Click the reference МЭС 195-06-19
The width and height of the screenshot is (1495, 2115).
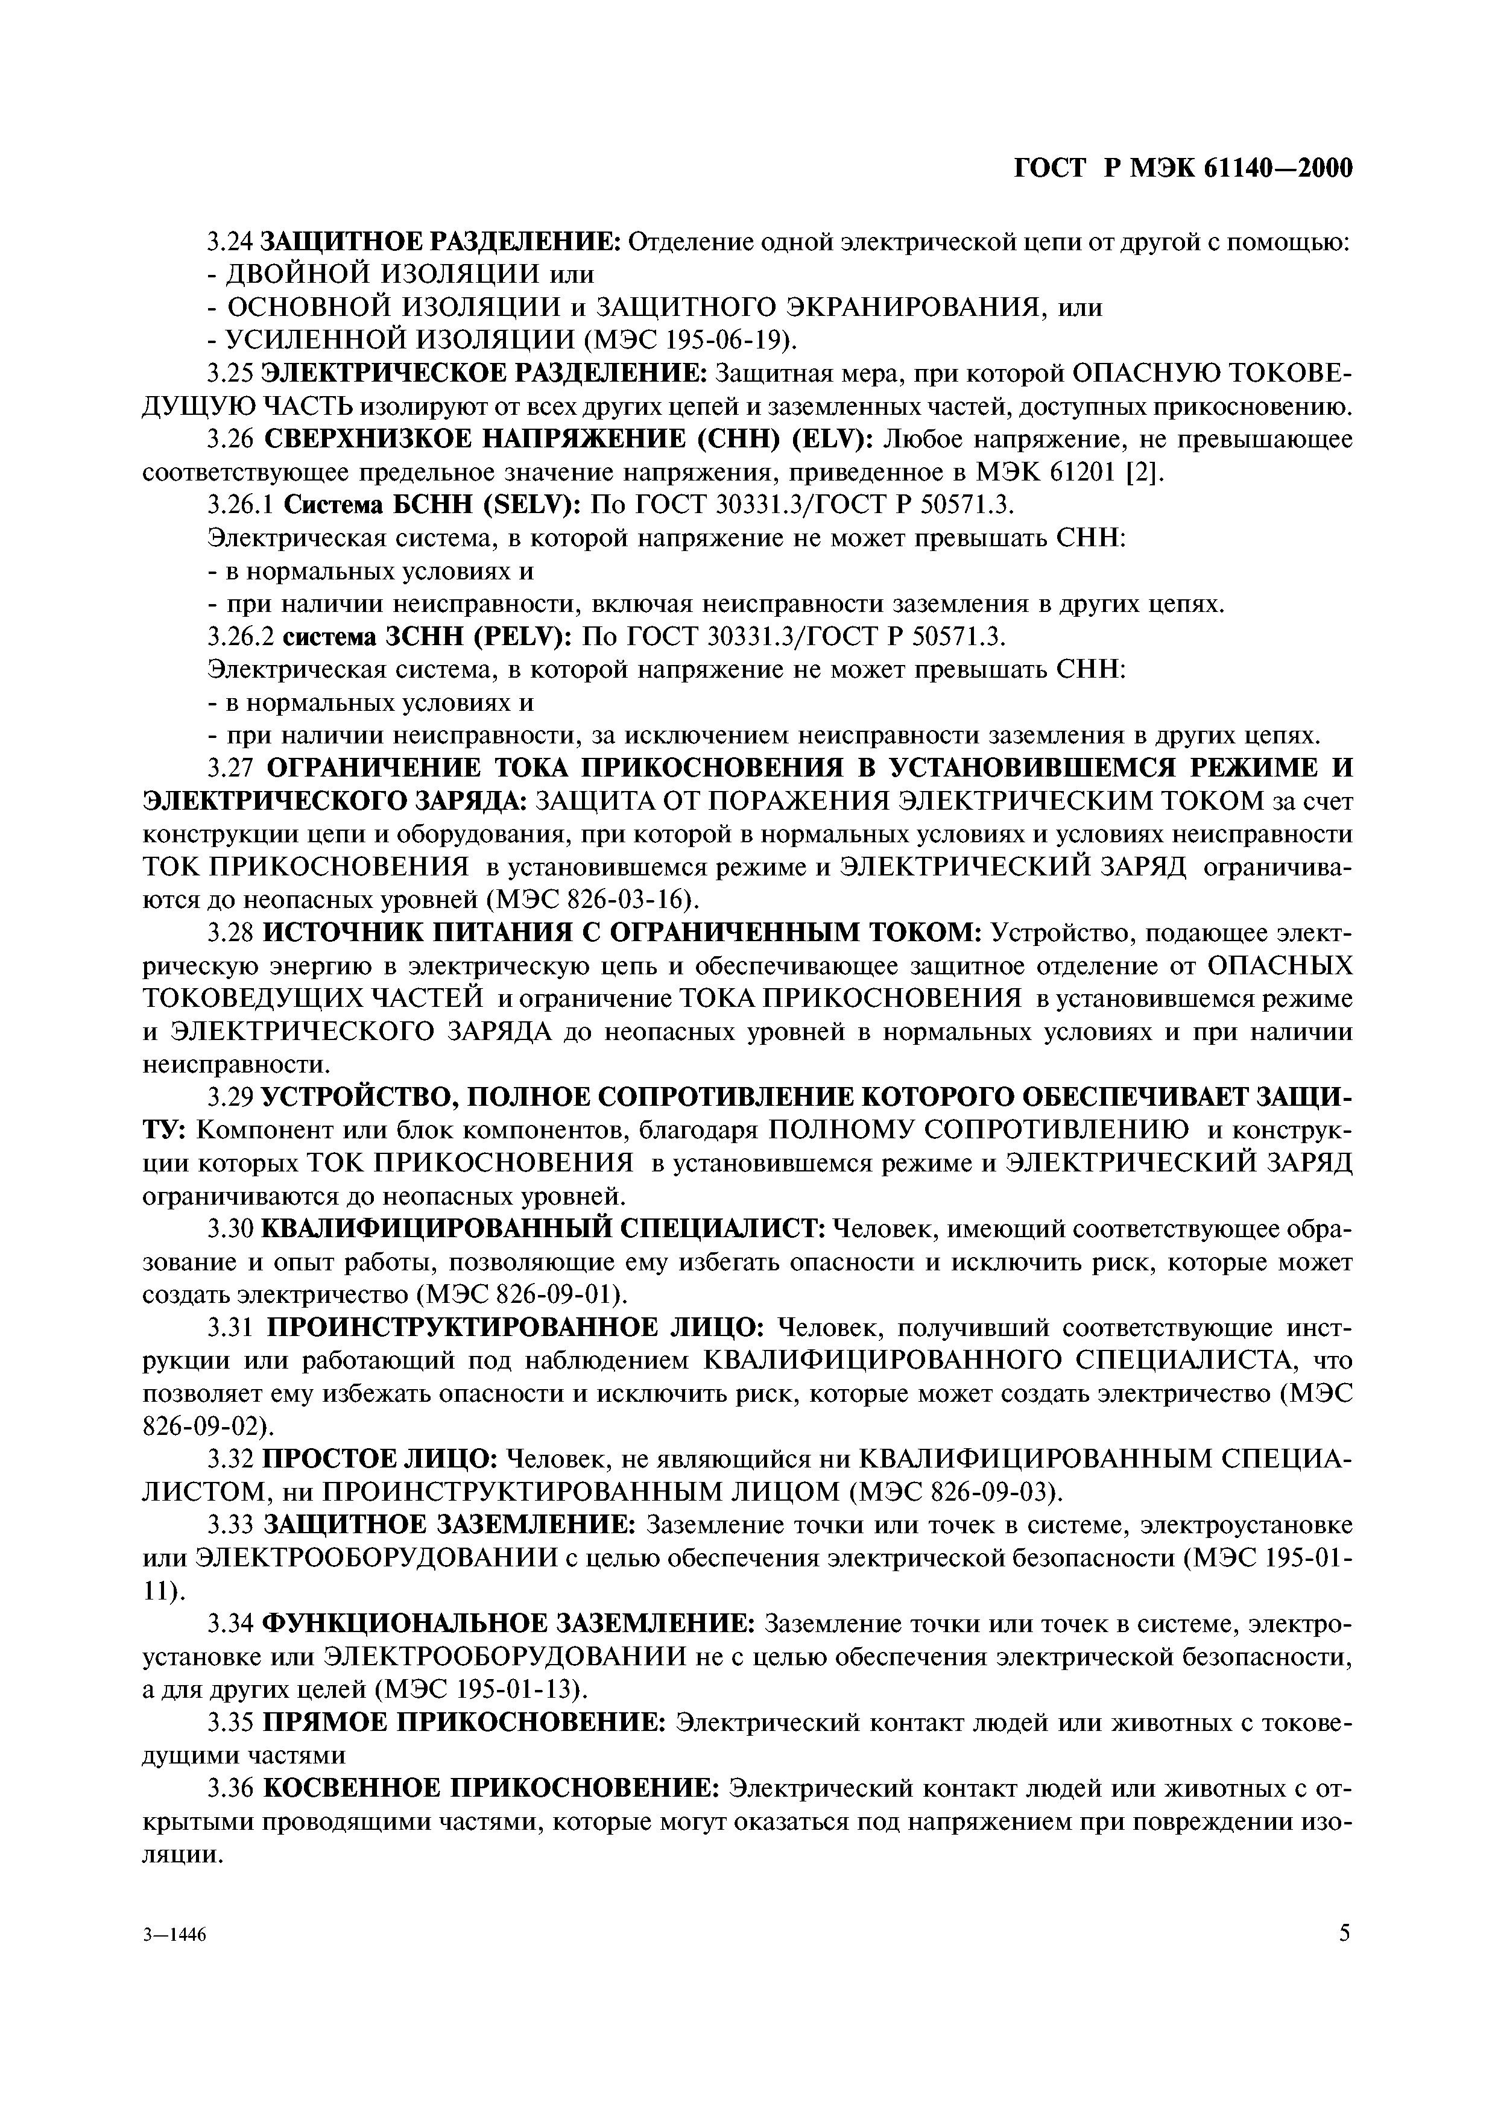pyautogui.click(x=690, y=341)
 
